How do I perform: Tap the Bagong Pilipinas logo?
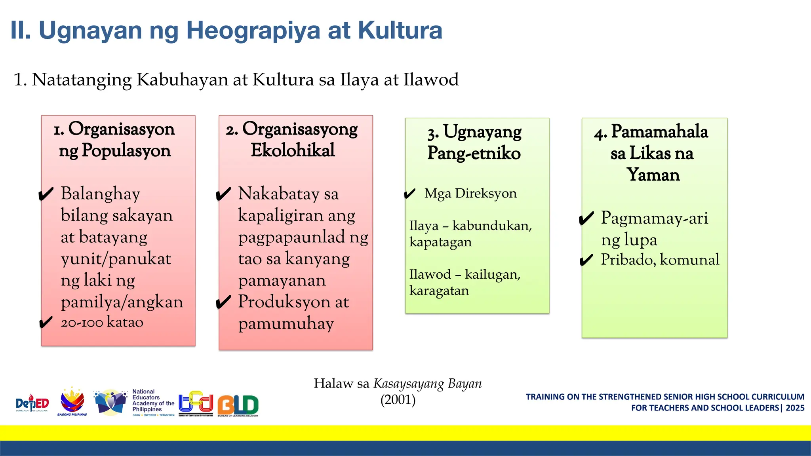tap(72, 401)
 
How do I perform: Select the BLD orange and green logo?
tap(238, 405)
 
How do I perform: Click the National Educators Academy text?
tap(153, 401)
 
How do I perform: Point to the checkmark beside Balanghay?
tap(46, 194)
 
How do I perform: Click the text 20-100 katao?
tap(102, 322)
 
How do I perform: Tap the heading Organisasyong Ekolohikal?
tap(292, 139)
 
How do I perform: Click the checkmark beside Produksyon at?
tap(223, 302)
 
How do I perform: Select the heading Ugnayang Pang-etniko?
tap(474, 142)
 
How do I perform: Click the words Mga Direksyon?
tap(470, 194)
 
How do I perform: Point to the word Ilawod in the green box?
tap(430, 274)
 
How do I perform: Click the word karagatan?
tap(439, 291)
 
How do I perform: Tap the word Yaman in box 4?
tap(653, 175)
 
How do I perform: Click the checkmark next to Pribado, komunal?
tap(586, 260)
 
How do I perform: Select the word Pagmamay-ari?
tap(654, 218)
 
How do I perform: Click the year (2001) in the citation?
tap(398, 400)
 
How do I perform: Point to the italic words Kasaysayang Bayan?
tap(428, 384)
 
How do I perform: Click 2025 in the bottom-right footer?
tap(795, 408)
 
